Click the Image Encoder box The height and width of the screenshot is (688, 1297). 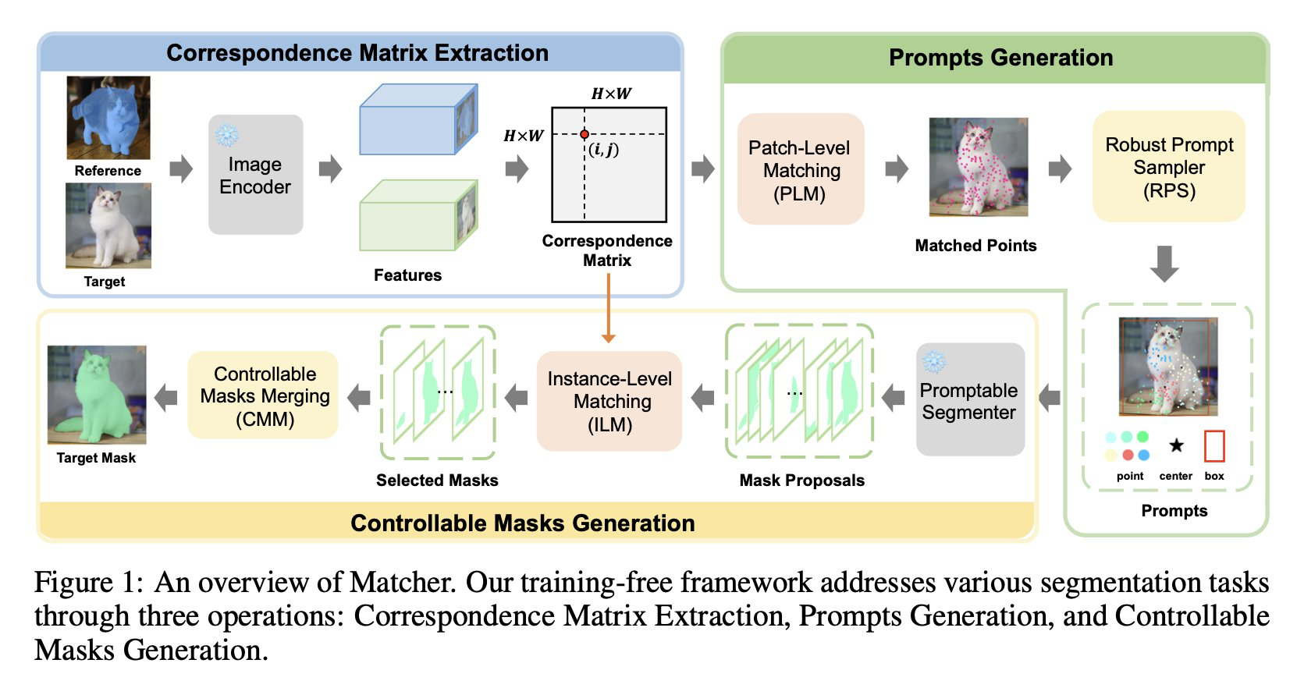(x=255, y=175)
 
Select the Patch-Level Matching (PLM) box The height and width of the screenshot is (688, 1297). (x=800, y=169)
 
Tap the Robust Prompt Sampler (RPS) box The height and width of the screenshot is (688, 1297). (x=1168, y=167)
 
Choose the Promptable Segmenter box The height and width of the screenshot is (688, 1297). (x=969, y=399)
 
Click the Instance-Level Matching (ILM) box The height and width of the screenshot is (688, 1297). (x=609, y=401)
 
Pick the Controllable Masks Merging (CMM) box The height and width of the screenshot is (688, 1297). (x=264, y=395)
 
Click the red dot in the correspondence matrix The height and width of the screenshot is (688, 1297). (x=585, y=134)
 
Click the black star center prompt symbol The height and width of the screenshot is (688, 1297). (x=1176, y=445)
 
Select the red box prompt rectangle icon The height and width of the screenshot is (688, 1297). (x=1214, y=446)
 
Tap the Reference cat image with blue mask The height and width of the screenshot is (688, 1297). (x=108, y=118)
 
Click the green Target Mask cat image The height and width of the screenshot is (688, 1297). (x=97, y=395)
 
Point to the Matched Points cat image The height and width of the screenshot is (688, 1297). (x=978, y=167)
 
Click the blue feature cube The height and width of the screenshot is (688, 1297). (x=418, y=120)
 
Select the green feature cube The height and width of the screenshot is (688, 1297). (x=418, y=215)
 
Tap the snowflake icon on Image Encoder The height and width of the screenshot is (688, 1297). (x=227, y=135)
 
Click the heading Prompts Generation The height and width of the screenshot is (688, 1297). (x=1000, y=58)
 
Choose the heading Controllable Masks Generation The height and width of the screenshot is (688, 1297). (x=522, y=523)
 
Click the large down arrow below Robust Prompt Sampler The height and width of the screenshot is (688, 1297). (x=1164, y=264)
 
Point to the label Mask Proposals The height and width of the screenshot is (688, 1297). (x=801, y=481)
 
